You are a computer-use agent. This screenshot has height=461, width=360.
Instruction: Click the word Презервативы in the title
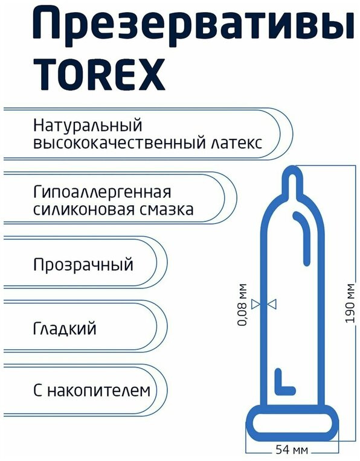point(193,25)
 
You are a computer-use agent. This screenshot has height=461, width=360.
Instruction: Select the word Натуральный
point(88,126)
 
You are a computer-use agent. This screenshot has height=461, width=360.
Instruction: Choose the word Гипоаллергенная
point(102,192)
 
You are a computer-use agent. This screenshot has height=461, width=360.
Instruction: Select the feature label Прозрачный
point(83,265)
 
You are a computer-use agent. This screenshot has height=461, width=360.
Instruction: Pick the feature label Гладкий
point(65,328)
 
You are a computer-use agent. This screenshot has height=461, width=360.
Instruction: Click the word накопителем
point(99,391)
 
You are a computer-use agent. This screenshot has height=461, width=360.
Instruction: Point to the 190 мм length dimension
point(350,303)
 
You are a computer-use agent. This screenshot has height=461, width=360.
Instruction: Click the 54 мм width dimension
point(292,450)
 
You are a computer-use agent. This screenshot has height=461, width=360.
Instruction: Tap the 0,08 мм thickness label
point(242,305)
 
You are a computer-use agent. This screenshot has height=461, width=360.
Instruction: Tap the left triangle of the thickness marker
point(256,304)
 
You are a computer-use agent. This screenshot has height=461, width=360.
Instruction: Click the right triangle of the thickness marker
point(272,304)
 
